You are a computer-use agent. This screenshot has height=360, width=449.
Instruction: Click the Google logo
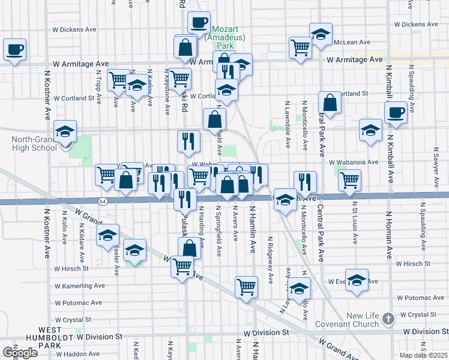coord(20,353)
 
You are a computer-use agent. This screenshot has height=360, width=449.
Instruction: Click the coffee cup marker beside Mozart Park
coord(199,23)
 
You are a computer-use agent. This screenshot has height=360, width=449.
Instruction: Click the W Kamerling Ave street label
coord(79,286)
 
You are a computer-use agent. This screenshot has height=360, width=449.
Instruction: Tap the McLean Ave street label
coord(354,42)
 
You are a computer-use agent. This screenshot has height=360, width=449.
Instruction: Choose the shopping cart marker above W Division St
coord(246,287)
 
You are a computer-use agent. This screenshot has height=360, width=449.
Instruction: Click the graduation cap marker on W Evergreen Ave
coord(357,281)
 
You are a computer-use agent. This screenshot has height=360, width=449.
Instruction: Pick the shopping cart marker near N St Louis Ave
coord(349,179)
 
